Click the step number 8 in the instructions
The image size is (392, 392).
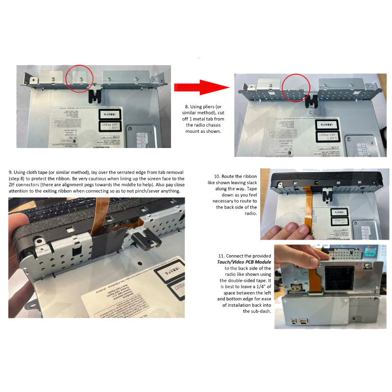pyautogui.click(x=187, y=106)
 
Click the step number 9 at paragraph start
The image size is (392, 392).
pyautogui.click(x=11, y=172)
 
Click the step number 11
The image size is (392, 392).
pyautogui.click(x=220, y=256)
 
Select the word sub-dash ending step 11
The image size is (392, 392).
pyautogui.click(x=253, y=318)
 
